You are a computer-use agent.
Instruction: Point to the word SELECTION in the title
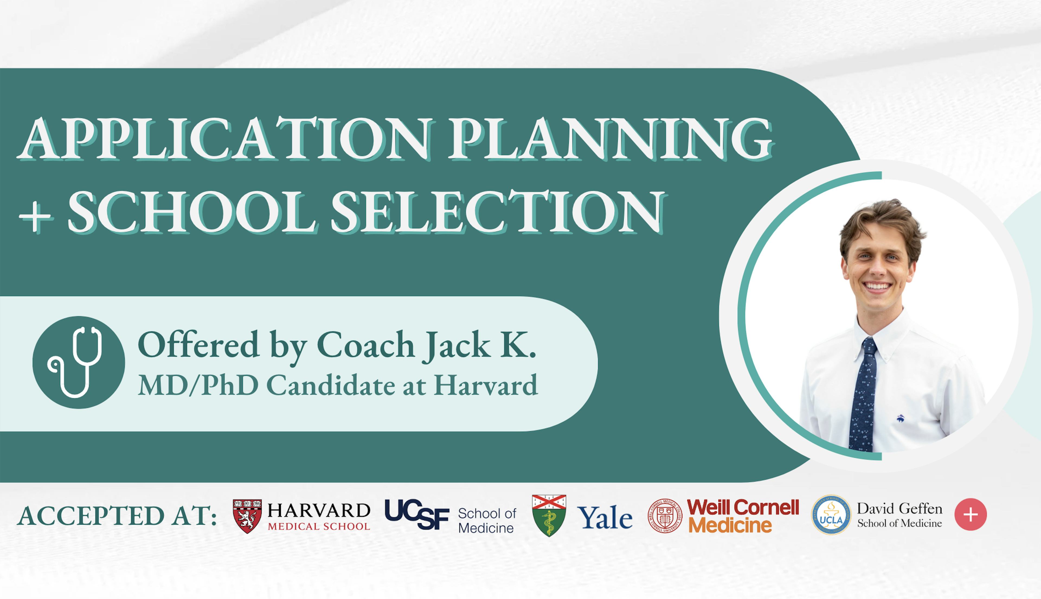[x=497, y=213]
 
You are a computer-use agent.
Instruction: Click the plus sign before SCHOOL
[x=36, y=218]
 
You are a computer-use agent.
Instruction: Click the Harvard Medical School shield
[x=247, y=516]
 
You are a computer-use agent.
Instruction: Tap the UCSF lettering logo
[x=417, y=514]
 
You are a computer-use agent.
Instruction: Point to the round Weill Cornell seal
[x=665, y=516]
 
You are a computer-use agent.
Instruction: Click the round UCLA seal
[x=831, y=515]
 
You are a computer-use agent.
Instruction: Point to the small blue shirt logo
[x=900, y=418]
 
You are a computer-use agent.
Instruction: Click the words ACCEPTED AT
[x=117, y=516]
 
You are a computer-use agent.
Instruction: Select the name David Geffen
[x=899, y=509]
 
